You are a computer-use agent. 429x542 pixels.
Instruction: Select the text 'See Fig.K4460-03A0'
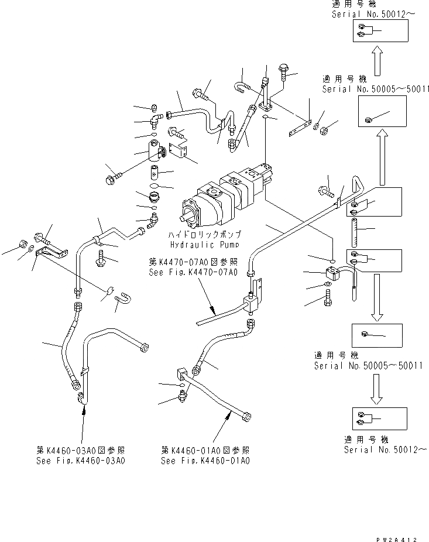(80, 461)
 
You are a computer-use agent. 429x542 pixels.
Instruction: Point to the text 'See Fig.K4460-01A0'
(205, 461)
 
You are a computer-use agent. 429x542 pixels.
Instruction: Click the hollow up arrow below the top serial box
(379, 60)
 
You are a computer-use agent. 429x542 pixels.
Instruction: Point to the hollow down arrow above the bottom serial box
(377, 389)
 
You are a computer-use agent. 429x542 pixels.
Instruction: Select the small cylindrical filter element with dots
(155, 173)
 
